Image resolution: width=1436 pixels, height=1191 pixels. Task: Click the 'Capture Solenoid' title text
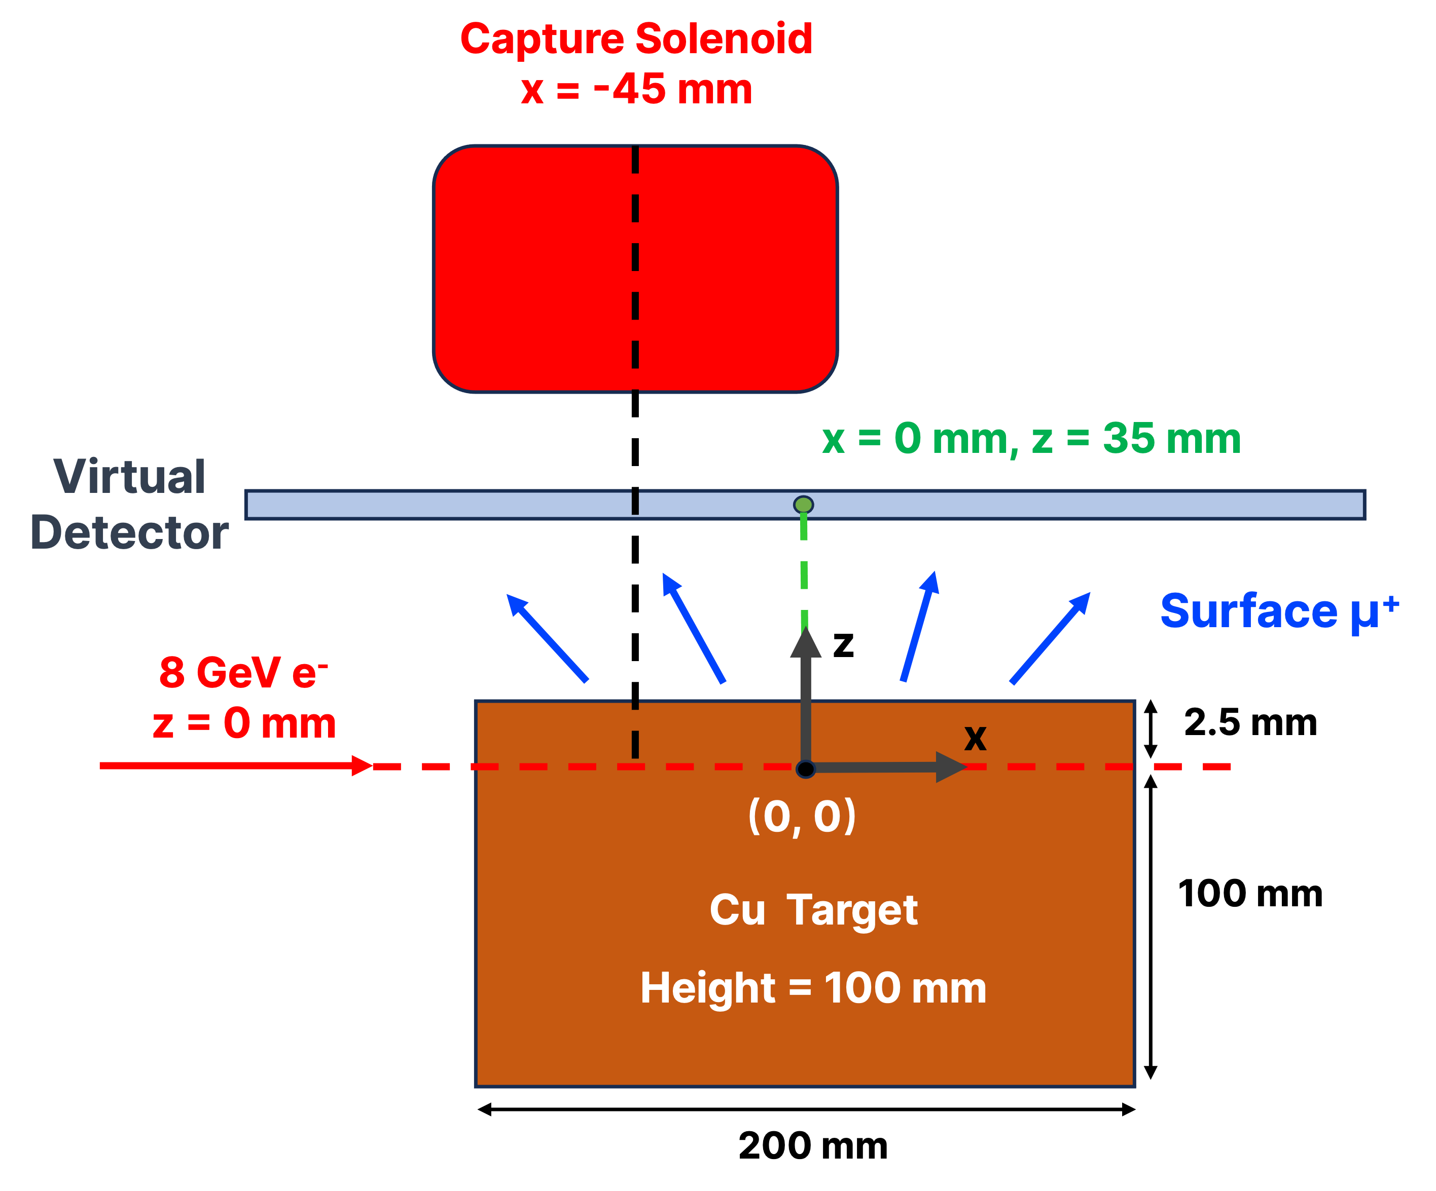[636, 39]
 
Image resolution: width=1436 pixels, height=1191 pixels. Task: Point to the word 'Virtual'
[129, 477]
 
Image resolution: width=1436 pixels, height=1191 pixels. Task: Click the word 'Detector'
[129, 532]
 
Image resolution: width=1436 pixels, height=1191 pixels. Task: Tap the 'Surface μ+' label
[1279, 611]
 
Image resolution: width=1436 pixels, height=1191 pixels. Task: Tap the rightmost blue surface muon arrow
[1050, 637]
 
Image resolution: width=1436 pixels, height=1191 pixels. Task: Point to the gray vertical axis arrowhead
[806, 644]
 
